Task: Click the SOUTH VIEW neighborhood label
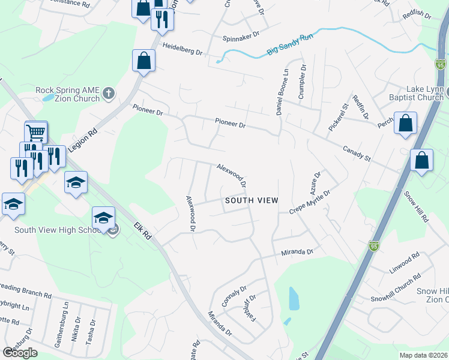[x=251, y=200]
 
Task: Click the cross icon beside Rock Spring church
[x=109, y=93]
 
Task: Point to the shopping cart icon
[x=36, y=131]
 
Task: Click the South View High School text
[x=57, y=230]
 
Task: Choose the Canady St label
[x=357, y=154]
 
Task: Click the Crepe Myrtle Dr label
[x=310, y=202]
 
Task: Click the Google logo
[x=20, y=353]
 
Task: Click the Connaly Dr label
[x=234, y=296]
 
